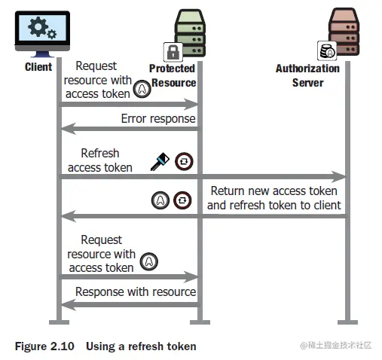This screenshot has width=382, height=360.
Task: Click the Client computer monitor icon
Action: coord(42,34)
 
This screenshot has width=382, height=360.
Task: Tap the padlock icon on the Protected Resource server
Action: coord(173,52)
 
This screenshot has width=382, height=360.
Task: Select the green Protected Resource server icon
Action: coord(190,33)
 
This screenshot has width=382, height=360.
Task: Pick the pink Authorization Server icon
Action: coord(344,32)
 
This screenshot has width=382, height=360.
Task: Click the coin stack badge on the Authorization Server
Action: coord(327,50)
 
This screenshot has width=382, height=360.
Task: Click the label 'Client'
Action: coord(38,67)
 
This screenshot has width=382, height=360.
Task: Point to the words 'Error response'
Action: coord(158,118)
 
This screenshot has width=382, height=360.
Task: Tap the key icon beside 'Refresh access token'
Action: coord(160,162)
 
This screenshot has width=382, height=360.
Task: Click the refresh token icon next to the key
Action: coord(184,161)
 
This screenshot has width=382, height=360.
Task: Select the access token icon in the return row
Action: coord(160,200)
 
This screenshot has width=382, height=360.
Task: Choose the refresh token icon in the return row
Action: coord(182,200)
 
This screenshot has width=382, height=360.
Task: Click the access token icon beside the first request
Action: coord(142,89)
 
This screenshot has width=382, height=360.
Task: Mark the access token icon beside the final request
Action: coord(149,261)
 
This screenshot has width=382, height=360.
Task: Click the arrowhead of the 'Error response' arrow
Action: coord(69,129)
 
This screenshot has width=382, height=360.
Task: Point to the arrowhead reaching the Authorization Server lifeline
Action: coord(338,177)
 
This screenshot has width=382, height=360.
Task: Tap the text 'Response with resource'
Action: coord(136,291)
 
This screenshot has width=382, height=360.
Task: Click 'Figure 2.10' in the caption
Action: coord(44,346)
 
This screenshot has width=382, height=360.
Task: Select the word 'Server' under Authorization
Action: coord(308,83)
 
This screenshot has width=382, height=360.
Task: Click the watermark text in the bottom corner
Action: coord(336,346)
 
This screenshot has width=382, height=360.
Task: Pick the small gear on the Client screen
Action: coord(52,34)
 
